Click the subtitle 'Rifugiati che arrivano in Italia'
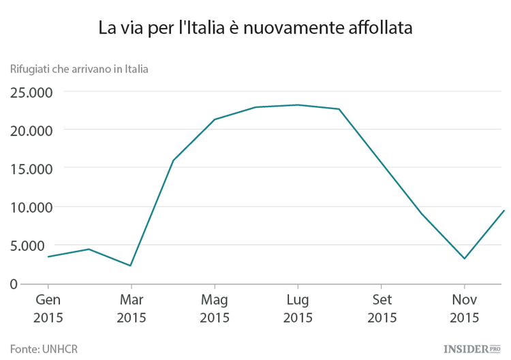(79, 68)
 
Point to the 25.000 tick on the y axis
(31, 91)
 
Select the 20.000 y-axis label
(31, 130)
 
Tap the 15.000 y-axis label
(31, 168)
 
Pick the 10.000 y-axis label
(31, 207)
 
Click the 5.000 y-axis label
(35, 245)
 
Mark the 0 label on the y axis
(14, 284)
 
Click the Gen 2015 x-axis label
(48, 308)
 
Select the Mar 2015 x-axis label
(131, 308)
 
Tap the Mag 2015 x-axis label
(215, 308)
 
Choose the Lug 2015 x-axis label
(298, 308)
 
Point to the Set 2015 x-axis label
(382, 308)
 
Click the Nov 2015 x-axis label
(465, 308)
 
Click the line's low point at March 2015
(131, 265)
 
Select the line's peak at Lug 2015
(298, 105)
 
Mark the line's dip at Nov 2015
(465, 258)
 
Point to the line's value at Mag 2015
(215, 119)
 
